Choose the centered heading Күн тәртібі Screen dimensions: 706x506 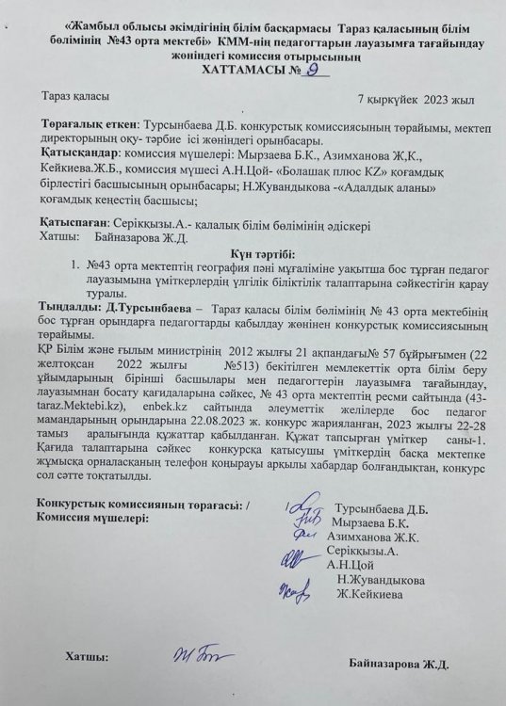point(252,254)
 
